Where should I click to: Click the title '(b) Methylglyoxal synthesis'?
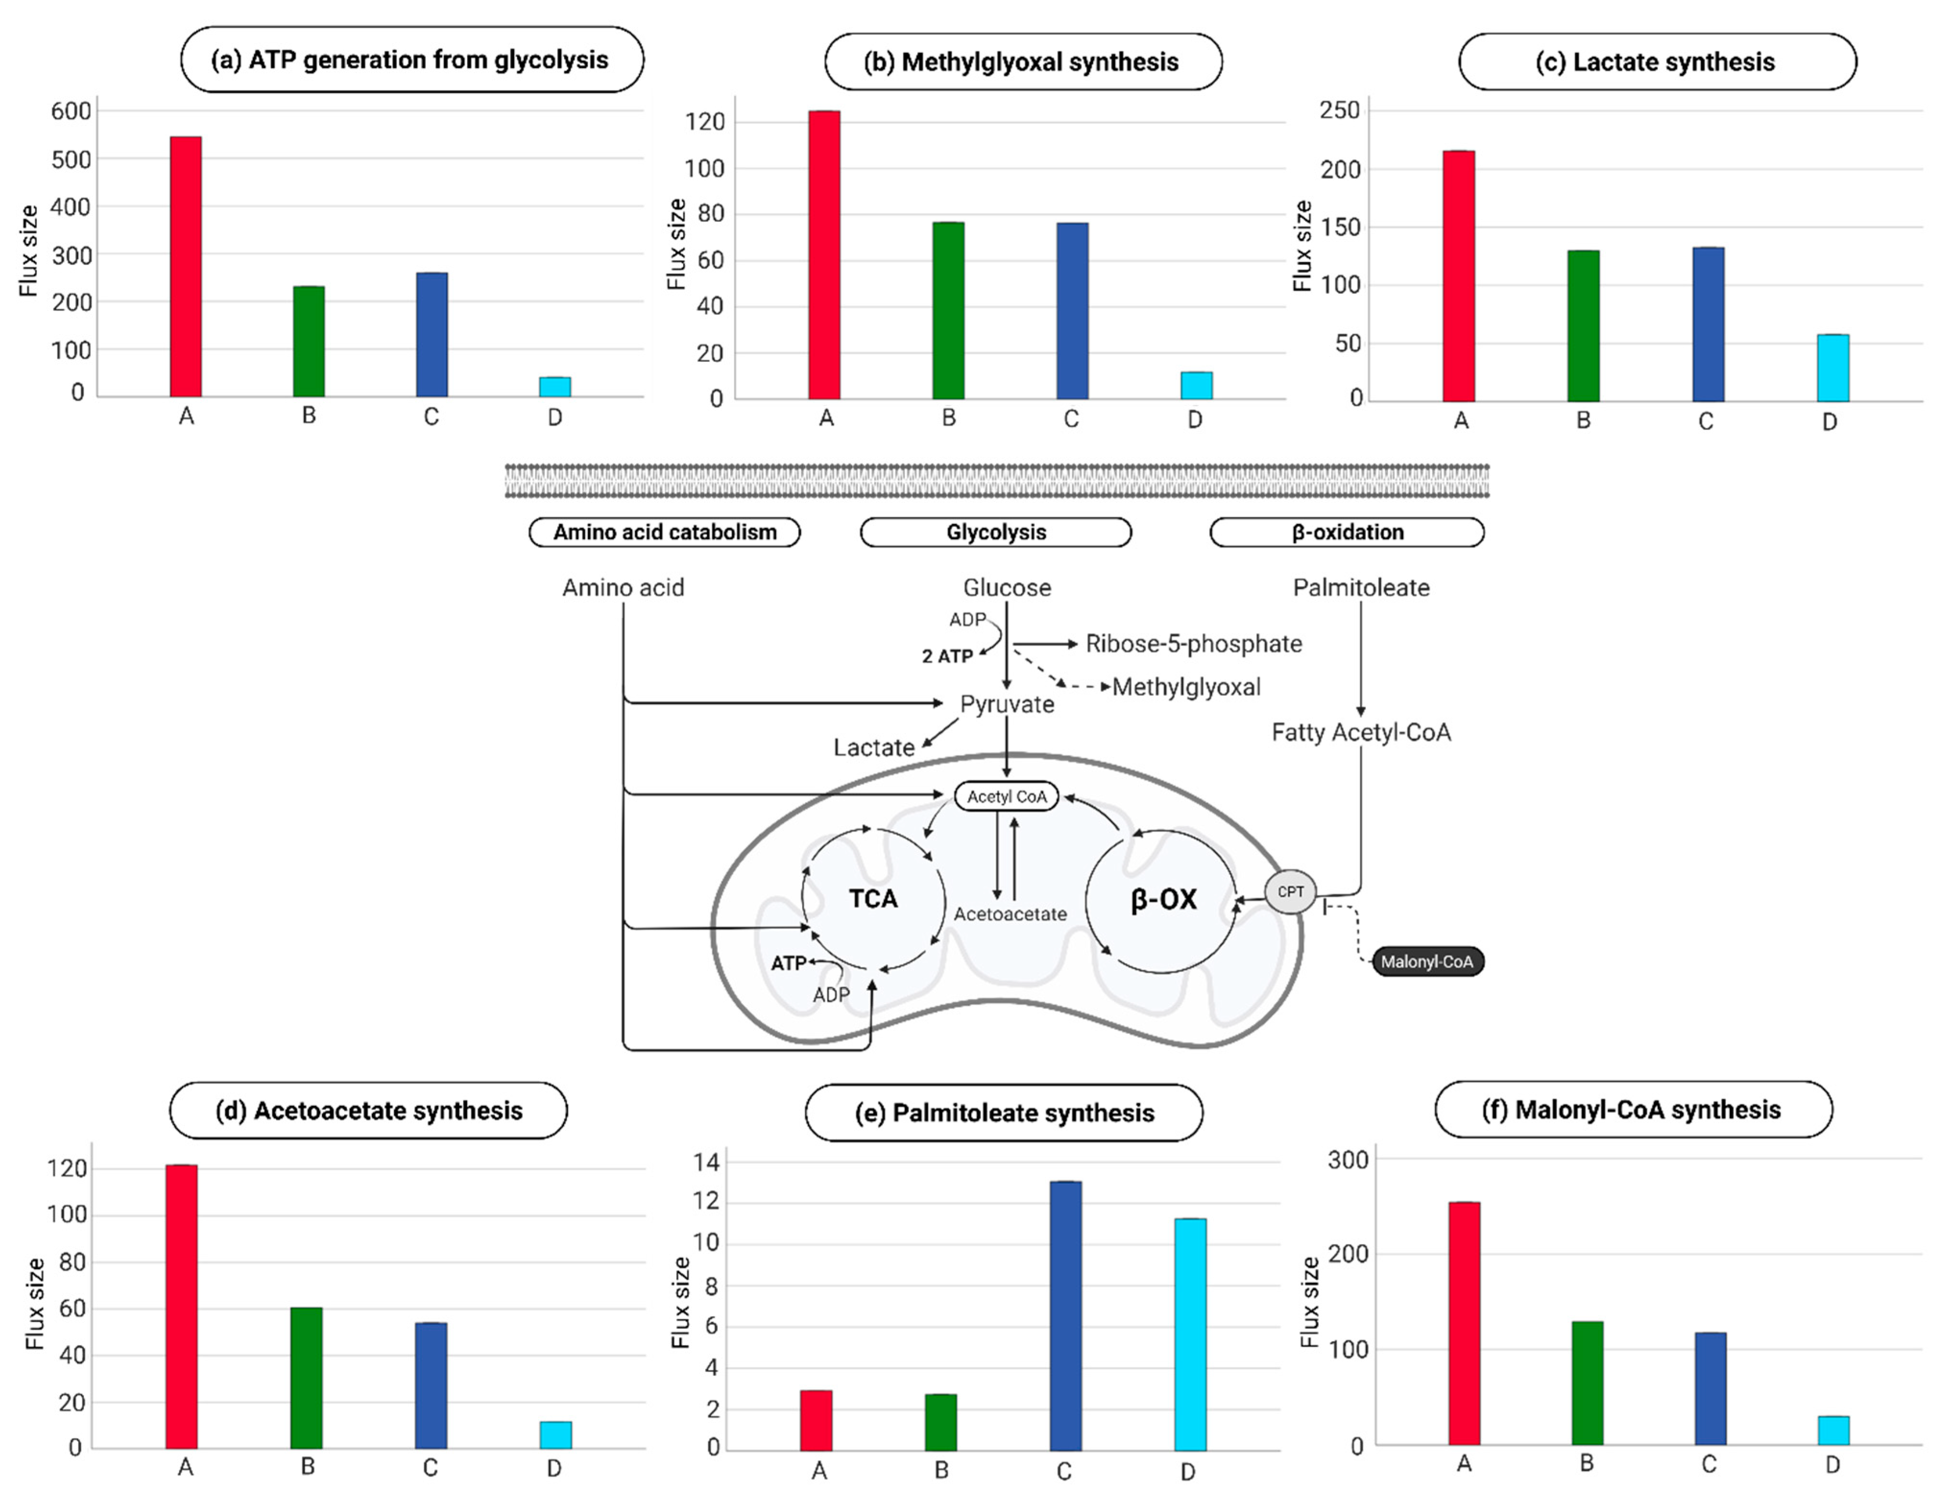[x=1022, y=62]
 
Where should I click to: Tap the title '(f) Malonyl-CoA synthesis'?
[x=1632, y=1109]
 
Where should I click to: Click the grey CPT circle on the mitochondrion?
[x=1290, y=892]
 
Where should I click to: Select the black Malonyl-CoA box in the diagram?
[x=1427, y=962]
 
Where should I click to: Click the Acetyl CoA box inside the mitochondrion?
[x=1006, y=796]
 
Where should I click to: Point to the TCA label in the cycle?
[x=873, y=898]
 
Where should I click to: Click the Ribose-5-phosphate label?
[x=1193, y=644]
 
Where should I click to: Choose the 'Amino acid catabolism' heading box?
[x=664, y=532]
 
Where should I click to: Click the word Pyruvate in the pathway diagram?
[x=1007, y=704]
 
